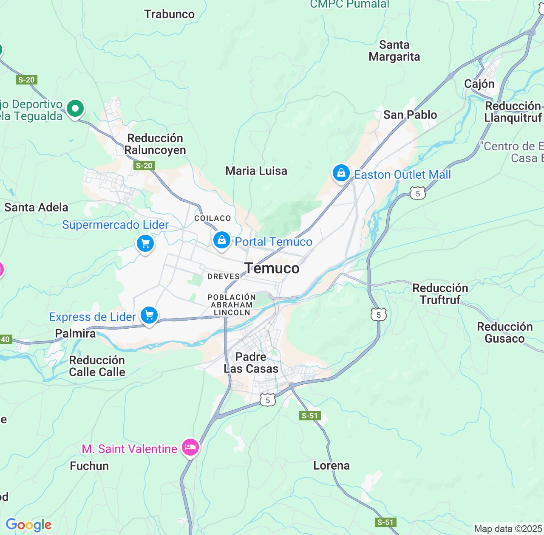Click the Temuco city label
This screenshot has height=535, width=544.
[272, 268]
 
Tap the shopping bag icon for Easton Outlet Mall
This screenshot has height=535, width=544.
[341, 173]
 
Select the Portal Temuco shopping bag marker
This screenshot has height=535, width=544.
[221, 240]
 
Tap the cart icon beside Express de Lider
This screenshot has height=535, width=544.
[149, 315]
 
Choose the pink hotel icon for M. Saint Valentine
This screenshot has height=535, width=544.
[190, 447]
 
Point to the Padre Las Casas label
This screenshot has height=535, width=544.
[251, 363]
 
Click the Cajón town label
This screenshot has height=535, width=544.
[479, 84]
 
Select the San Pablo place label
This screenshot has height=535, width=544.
[410, 115]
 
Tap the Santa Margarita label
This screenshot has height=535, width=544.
[394, 51]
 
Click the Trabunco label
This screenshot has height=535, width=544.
[169, 14]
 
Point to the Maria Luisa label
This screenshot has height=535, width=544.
[256, 171]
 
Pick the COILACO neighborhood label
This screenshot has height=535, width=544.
[212, 218]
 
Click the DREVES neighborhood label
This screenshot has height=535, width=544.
[224, 276]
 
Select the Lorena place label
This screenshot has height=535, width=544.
[331, 465]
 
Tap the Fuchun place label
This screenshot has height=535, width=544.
[89, 466]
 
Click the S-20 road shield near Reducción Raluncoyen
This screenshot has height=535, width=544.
[144, 166]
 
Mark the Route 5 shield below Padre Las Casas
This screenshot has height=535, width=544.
[267, 400]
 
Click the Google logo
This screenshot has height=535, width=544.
[28, 525]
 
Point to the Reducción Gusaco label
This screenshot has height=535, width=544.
[504, 332]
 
